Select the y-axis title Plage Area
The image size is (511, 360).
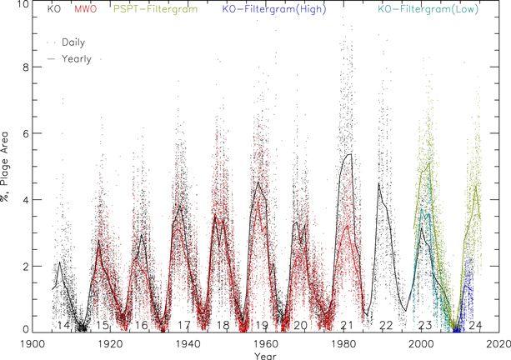click(x=8, y=167)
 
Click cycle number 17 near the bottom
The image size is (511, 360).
click(x=183, y=324)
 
